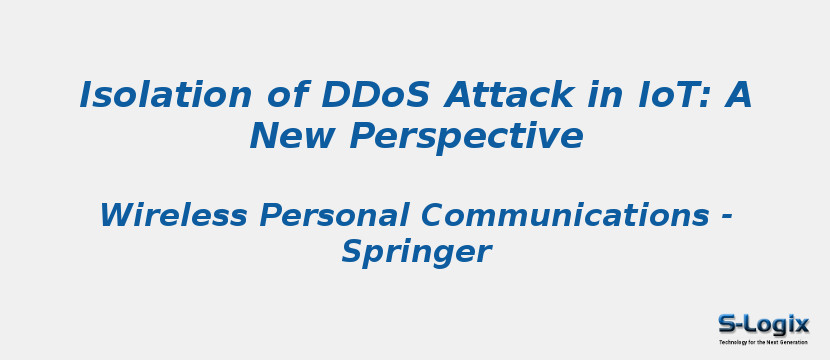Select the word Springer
click(415, 252)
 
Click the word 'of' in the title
click(288, 96)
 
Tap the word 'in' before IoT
click(591, 96)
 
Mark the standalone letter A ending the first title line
click(738, 96)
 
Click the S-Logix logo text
click(763, 324)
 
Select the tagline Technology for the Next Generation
click(763, 342)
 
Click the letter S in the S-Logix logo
click(726, 324)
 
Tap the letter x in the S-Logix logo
click(801, 324)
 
